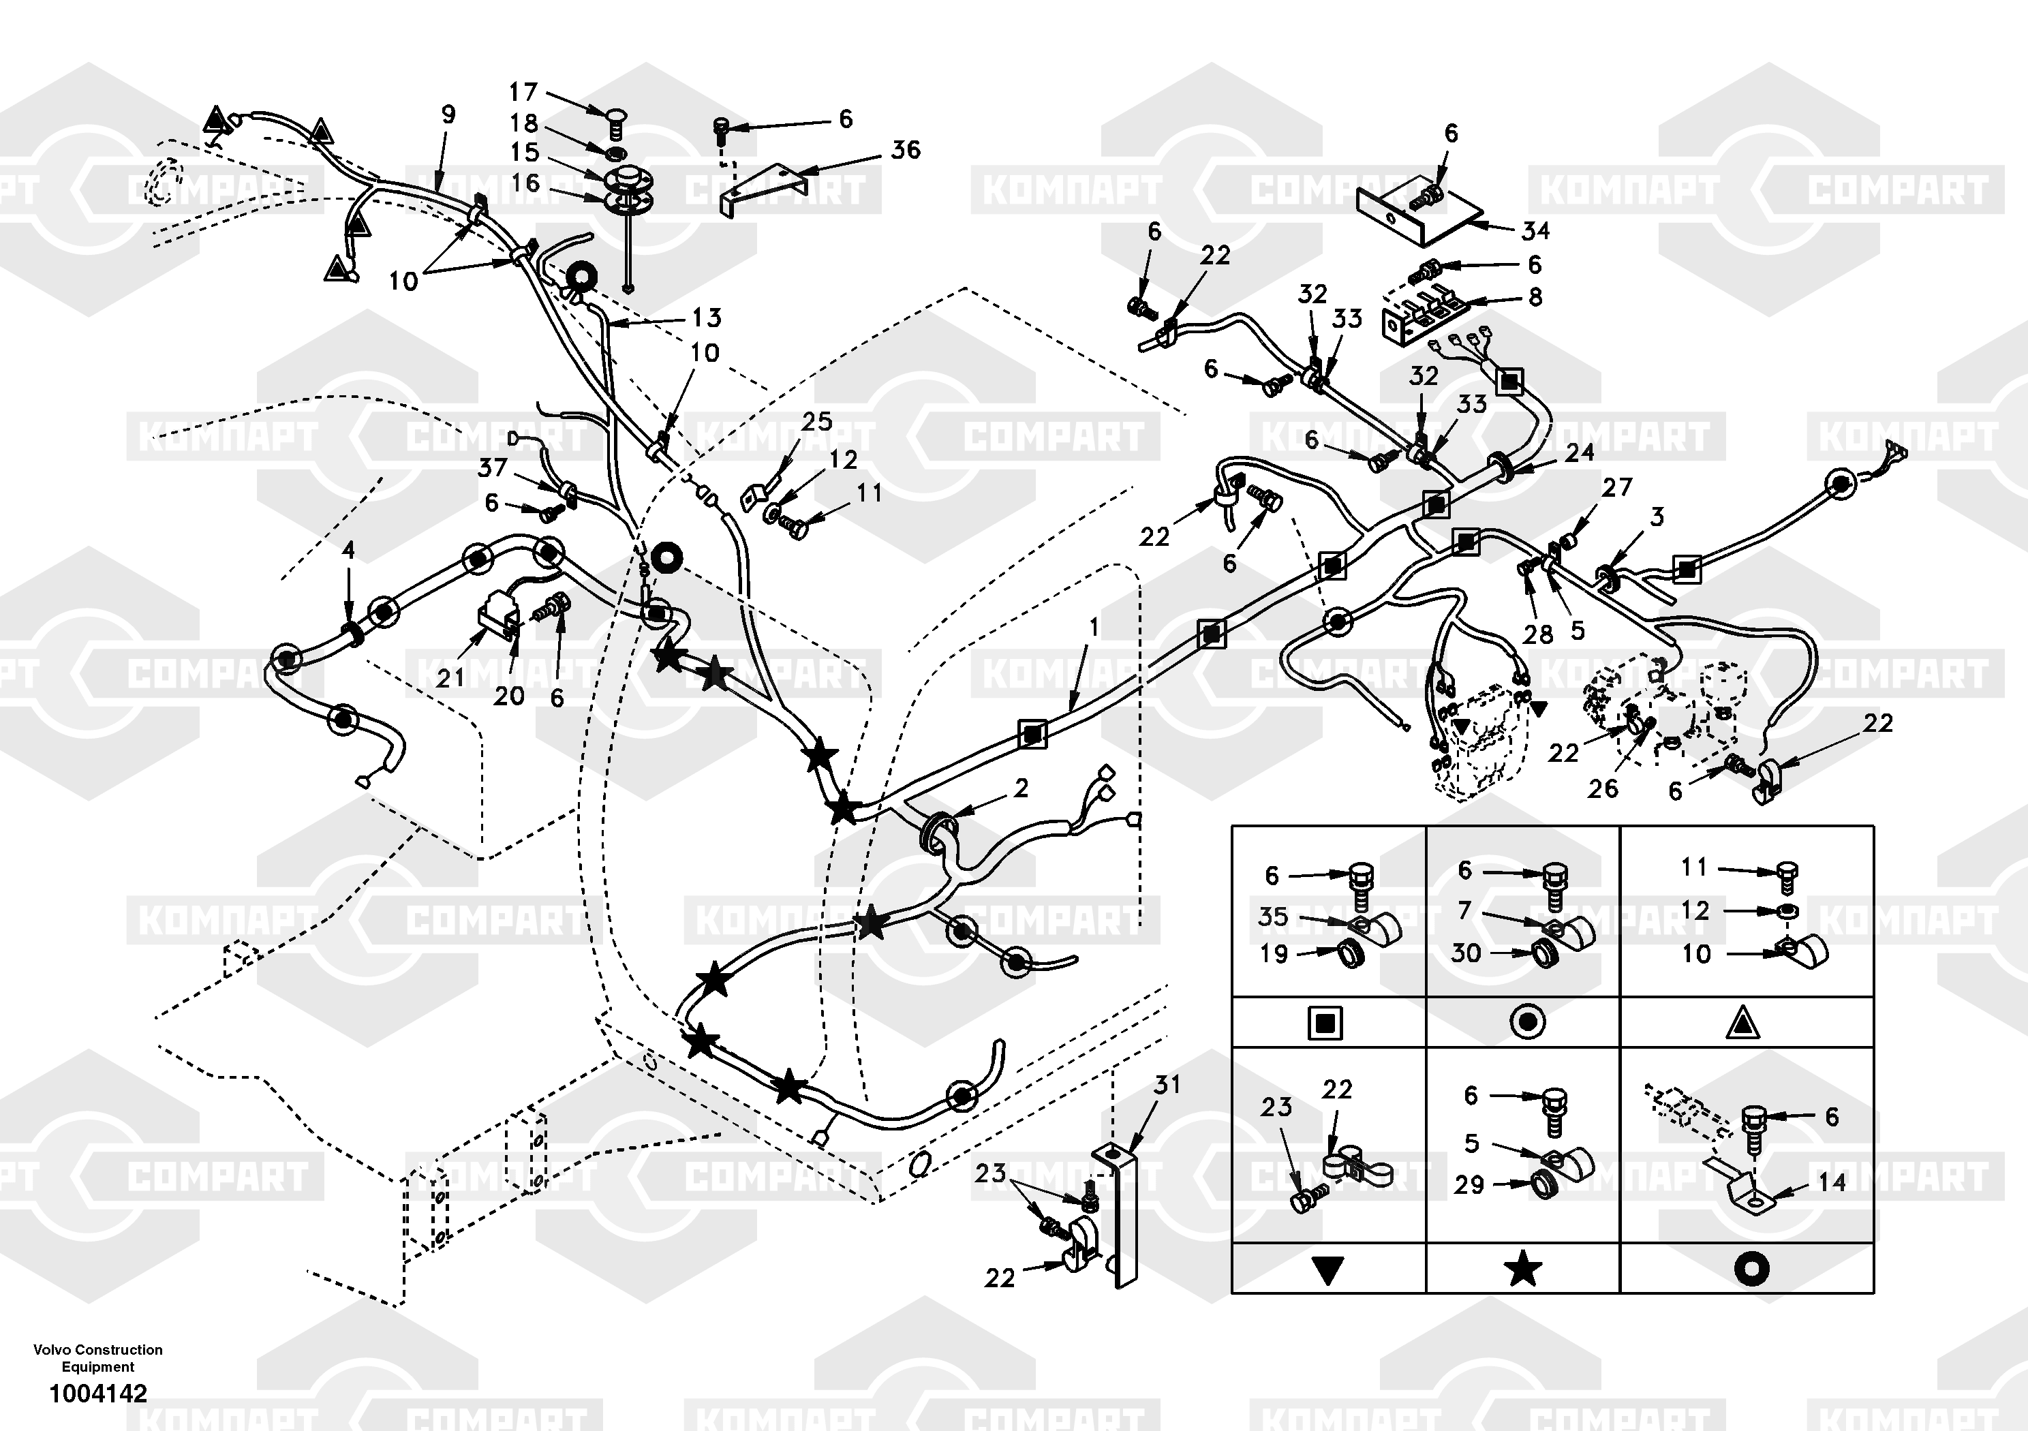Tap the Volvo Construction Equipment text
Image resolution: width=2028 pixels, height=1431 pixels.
[x=98, y=1357]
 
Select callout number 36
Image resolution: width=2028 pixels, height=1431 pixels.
[x=906, y=150]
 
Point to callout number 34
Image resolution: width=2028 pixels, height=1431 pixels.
[x=1535, y=230]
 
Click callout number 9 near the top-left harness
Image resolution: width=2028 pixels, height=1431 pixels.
[x=448, y=114]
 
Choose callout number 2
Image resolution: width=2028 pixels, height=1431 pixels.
[x=1021, y=787]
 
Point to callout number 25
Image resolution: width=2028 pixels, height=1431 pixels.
[x=817, y=421]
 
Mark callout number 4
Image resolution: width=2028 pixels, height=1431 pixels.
[x=349, y=551]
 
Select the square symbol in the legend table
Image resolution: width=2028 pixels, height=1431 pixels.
[x=1327, y=1024]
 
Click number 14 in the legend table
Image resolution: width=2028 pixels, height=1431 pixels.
[x=1831, y=1182]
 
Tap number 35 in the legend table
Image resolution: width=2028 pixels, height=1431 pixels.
[x=1273, y=917]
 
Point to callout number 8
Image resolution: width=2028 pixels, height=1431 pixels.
[x=1535, y=297]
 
